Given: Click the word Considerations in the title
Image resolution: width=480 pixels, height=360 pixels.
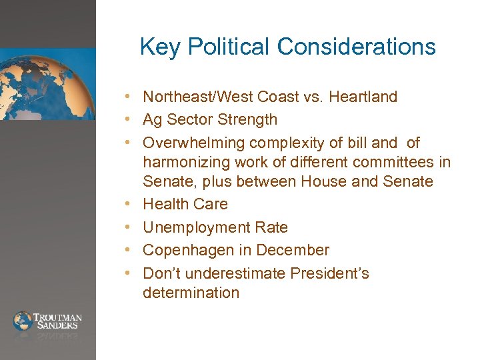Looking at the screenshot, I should (357, 47).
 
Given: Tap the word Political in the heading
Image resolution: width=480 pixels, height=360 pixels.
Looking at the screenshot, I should (230, 47).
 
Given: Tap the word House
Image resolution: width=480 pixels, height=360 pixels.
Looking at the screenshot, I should (323, 181).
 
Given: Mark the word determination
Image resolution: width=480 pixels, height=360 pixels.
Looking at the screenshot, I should (191, 293).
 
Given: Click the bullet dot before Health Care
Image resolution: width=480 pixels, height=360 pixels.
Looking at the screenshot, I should (133, 205).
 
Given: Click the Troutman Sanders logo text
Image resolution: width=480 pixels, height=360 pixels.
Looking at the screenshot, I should (59, 321).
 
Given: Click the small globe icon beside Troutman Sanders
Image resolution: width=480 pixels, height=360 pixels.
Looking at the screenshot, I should (23, 321).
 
